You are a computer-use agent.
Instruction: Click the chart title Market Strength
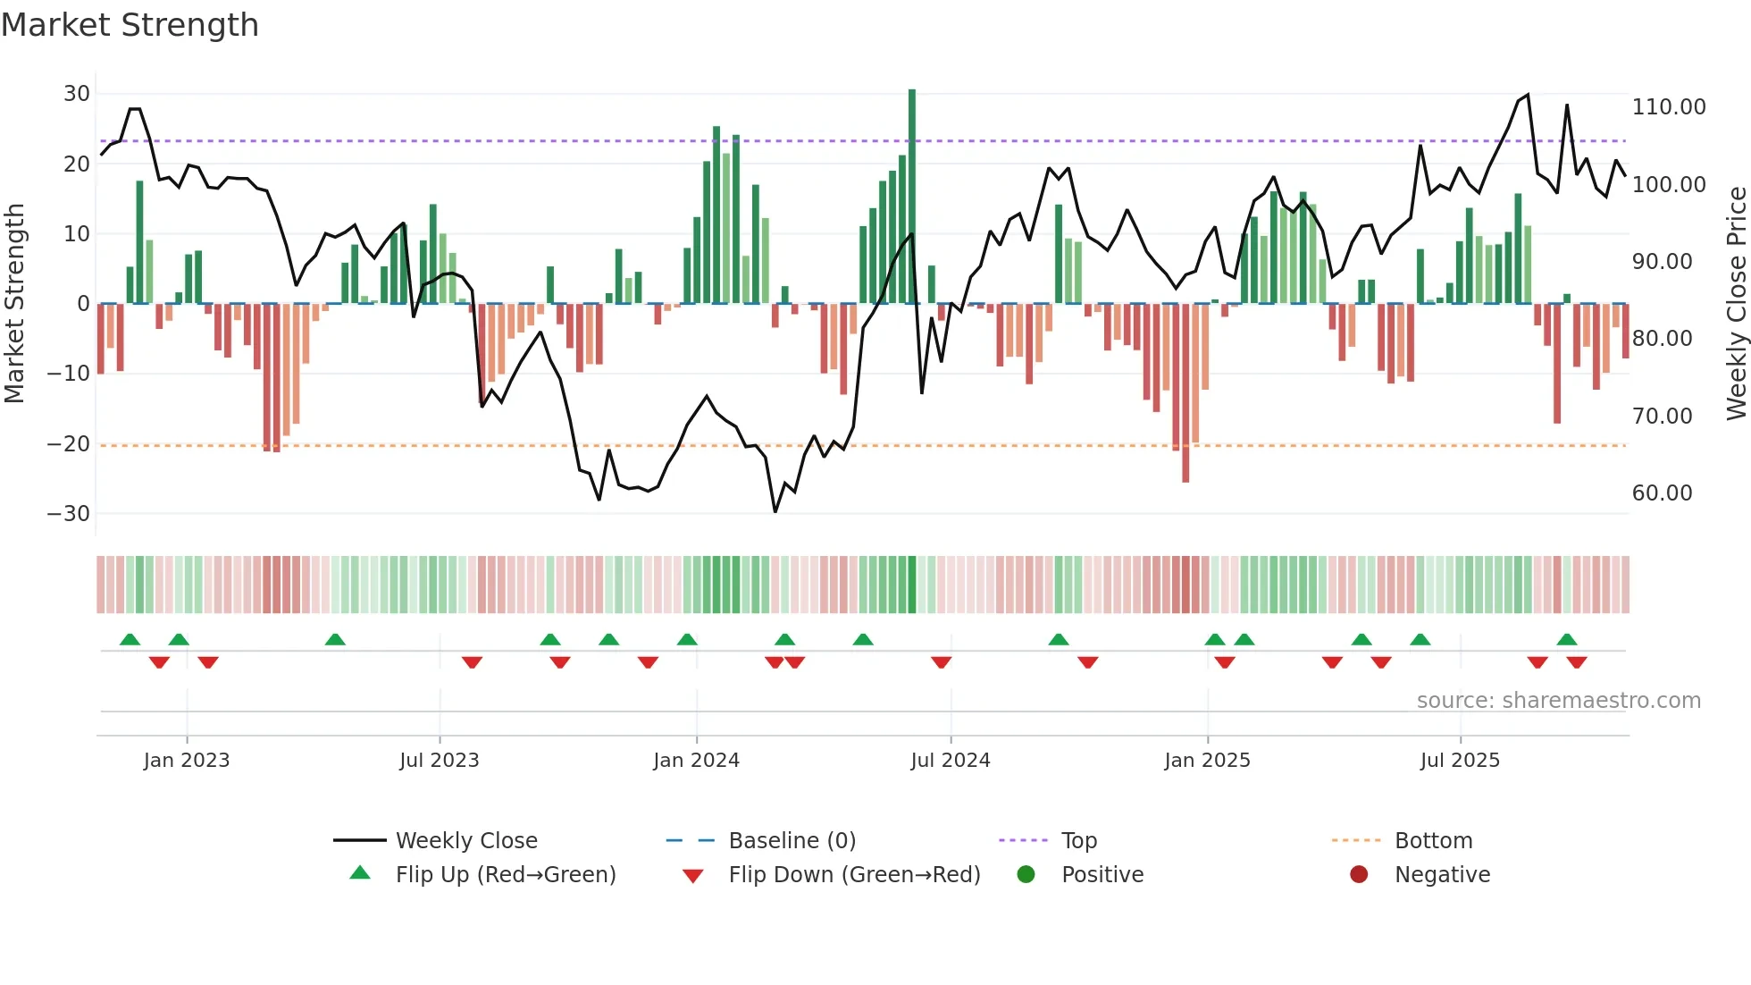click(130, 25)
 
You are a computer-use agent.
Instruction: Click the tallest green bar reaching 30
click(912, 197)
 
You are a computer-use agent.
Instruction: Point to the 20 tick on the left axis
click(77, 164)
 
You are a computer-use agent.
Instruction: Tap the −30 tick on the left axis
click(69, 513)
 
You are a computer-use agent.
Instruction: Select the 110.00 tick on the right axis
click(1668, 107)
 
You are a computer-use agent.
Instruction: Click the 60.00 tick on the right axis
click(1662, 493)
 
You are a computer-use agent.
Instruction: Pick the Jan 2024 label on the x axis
click(696, 761)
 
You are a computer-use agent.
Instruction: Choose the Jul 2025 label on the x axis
click(1460, 761)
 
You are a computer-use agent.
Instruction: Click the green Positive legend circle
click(1026, 874)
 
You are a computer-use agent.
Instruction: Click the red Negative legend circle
click(1359, 874)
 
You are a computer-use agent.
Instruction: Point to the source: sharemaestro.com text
click(1558, 701)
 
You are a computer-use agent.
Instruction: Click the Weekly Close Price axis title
click(1736, 304)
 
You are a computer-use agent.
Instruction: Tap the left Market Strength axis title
click(14, 304)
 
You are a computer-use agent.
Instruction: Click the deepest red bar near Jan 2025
click(1185, 393)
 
